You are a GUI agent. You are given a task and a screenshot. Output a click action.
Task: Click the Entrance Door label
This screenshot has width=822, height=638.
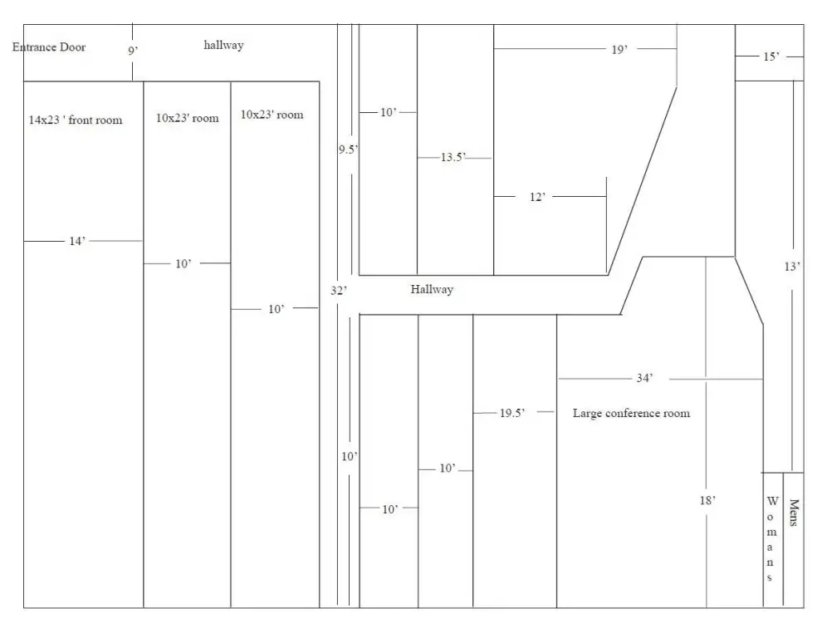pyautogui.click(x=49, y=47)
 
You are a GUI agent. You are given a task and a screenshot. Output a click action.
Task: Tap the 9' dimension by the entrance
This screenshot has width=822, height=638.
pyautogui.click(x=133, y=51)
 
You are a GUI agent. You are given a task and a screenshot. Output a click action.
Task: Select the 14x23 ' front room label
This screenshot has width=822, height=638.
pyautogui.click(x=76, y=120)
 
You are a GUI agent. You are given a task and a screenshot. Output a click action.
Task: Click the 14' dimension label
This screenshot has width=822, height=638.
pyautogui.click(x=77, y=241)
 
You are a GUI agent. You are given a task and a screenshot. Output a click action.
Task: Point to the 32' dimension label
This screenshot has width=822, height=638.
pyautogui.click(x=339, y=290)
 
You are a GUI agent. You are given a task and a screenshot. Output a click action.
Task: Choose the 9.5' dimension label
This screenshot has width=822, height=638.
pyautogui.click(x=348, y=150)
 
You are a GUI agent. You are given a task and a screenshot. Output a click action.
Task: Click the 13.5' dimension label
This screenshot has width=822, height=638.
pyautogui.click(x=453, y=157)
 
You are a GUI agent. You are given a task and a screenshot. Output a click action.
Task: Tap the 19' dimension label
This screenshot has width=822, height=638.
pyautogui.click(x=619, y=50)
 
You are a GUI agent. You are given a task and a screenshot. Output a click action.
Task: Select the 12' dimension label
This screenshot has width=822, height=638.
pyautogui.click(x=537, y=197)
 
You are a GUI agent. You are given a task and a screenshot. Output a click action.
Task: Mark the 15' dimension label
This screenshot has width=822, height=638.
pyautogui.click(x=771, y=56)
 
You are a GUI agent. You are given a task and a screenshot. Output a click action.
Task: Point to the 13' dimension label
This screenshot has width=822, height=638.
pyautogui.click(x=792, y=267)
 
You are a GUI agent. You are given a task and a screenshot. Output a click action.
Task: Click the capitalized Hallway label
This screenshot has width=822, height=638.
pyautogui.click(x=432, y=289)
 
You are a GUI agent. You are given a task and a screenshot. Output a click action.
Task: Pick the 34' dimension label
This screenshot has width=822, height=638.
pyautogui.click(x=644, y=378)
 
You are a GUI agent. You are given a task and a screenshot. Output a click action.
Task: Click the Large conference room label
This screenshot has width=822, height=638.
pyautogui.click(x=631, y=414)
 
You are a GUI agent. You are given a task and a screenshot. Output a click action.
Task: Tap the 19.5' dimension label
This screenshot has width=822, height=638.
pyautogui.click(x=511, y=413)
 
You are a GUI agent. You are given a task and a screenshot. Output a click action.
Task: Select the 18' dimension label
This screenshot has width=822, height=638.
pyautogui.click(x=707, y=501)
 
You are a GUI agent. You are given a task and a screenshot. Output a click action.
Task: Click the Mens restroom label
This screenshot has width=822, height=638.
pyautogui.click(x=794, y=513)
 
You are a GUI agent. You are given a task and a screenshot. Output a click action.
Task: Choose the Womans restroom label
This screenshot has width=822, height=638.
pyautogui.click(x=771, y=539)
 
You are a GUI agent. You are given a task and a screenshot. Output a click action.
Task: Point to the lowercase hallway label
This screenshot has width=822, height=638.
pyautogui.click(x=224, y=45)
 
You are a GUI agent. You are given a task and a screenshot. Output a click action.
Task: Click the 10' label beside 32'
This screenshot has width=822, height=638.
pyautogui.click(x=349, y=456)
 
